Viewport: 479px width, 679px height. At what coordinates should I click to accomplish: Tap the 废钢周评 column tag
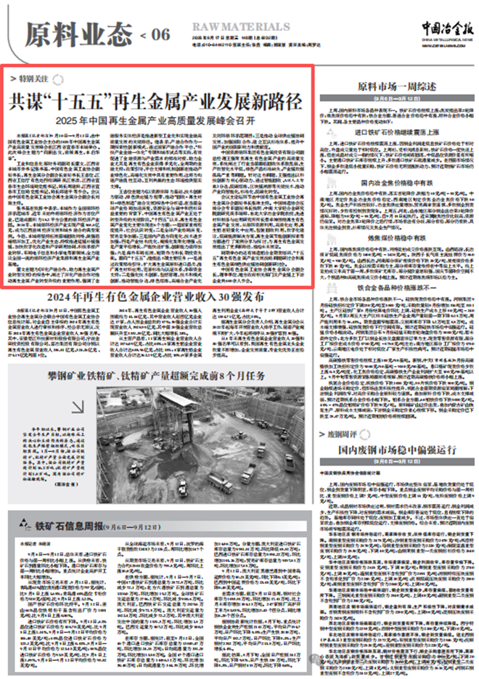[340, 434]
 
